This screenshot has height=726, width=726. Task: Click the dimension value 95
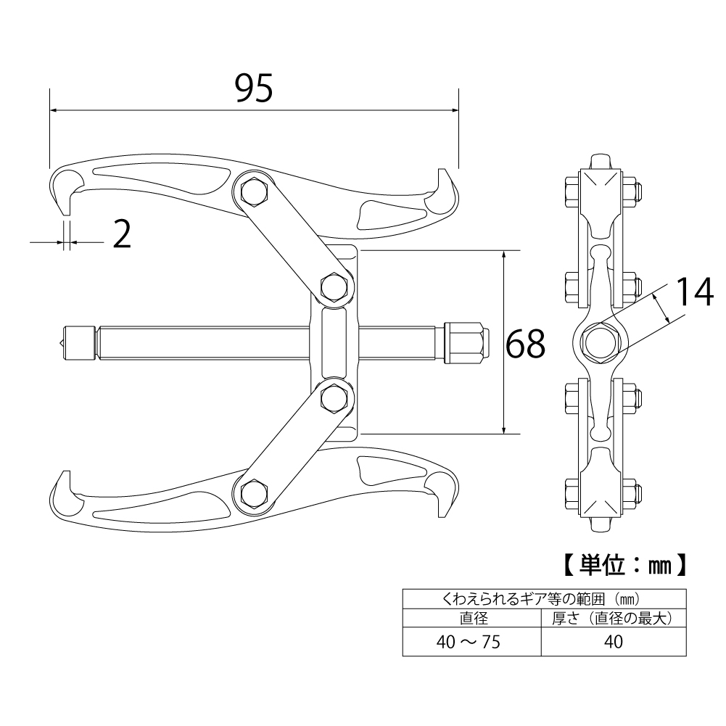pos(254,88)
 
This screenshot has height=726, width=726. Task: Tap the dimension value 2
pos(123,234)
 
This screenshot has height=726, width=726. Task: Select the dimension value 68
pos(526,344)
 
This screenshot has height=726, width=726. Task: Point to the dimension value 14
pos(695,292)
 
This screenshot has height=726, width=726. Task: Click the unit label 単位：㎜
pos(624,564)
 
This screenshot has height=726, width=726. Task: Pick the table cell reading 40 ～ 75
pos(469,642)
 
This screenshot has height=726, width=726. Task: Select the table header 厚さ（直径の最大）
pos(614,618)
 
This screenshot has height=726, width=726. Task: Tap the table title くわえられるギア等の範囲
pos(523,599)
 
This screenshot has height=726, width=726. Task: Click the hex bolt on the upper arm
pos(254,191)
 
